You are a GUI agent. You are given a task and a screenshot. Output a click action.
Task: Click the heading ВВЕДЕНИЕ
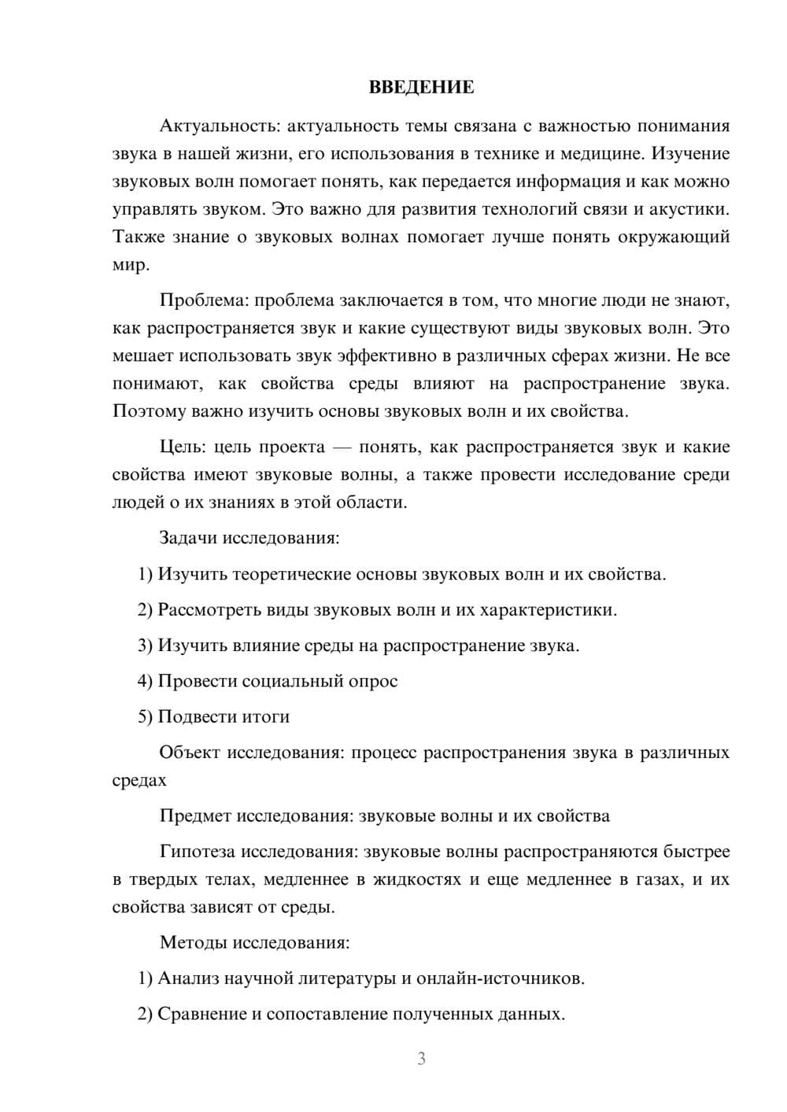(421, 87)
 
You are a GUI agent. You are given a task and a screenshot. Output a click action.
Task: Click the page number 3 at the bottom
(421, 1059)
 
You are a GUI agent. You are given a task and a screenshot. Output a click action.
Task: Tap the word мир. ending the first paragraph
(130, 265)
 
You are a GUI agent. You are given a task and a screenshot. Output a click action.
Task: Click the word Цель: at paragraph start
(183, 447)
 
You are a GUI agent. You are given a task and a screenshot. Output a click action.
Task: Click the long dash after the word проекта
(342, 447)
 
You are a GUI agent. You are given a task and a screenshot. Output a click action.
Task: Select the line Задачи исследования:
(249, 538)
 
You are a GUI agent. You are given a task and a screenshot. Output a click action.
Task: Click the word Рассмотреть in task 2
(207, 609)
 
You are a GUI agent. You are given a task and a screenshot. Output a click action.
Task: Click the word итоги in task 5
(264, 716)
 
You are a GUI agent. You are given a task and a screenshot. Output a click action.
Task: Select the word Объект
(190, 752)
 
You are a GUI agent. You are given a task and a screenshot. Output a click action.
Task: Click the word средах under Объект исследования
(139, 780)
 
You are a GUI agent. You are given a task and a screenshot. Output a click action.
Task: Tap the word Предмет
(195, 816)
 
